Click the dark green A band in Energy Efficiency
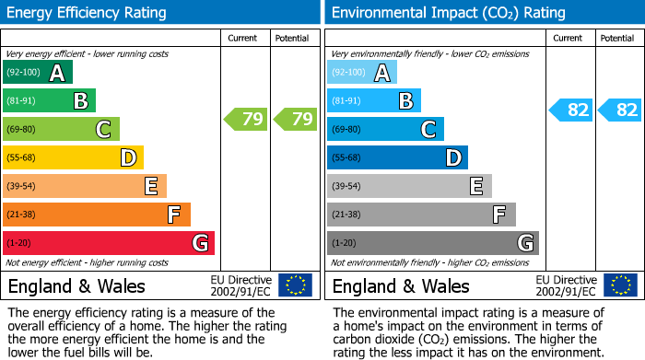click(x=38, y=73)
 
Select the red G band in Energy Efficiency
click(x=108, y=243)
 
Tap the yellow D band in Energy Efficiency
click(x=73, y=158)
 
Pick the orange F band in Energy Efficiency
click(x=96, y=215)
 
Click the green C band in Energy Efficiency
click(x=61, y=130)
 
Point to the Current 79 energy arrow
click(x=245, y=119)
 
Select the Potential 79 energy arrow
click(x=294, y=119)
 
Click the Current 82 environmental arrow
click(x=570, y=110)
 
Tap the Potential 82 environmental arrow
click(x=619, y=110)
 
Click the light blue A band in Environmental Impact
click(x=362, y=73)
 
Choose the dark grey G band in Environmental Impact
click(x=432, y=243)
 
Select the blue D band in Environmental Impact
click(x=397, y=158)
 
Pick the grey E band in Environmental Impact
click(x=409, y=186)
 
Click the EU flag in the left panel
click(x=296, y=285)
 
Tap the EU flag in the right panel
click(x=620, y=285)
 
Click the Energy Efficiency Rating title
click(x=88, y=13)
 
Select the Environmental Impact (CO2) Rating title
click(x=448, y=13)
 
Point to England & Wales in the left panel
click(x=76, y=285)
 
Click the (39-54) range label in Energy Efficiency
click(x=22, y=187)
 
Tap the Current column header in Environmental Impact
click(x=569, y=38)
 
